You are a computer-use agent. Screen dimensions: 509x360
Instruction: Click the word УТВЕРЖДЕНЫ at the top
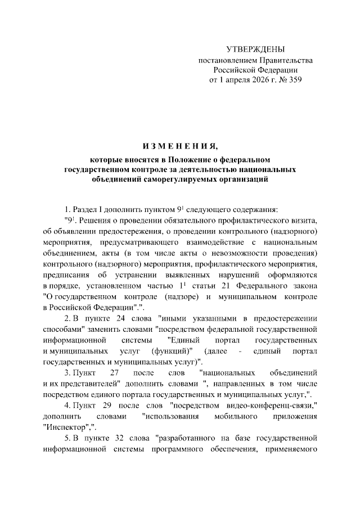[x=255, y=49]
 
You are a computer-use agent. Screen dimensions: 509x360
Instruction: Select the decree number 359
[x=294, y=80]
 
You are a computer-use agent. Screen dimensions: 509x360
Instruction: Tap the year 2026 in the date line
[x=253, y=80]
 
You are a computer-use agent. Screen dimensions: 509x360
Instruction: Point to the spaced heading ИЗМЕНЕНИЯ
[x=180, y=147]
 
